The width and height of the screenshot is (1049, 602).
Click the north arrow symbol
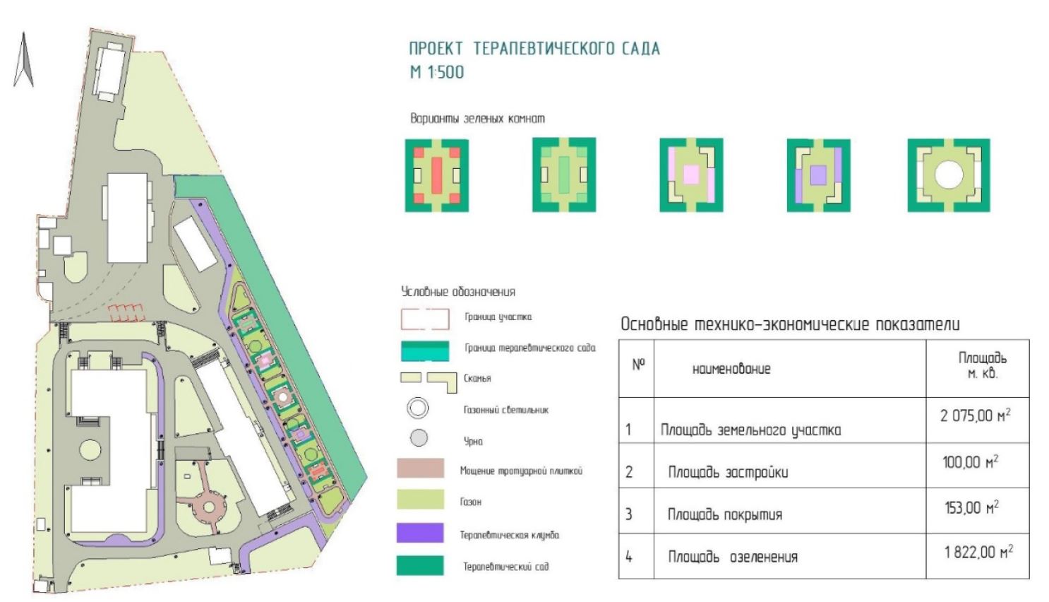click(x=23, y=60)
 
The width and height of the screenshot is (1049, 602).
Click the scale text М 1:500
click(x=437, y=72)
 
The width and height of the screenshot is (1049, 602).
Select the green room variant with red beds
click(x=437, y=176)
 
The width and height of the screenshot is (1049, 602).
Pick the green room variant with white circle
click(x=949, y=175)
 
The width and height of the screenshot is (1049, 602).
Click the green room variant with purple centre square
click(x=819, y=175)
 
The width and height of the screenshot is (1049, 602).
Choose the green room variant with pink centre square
click(x=691, y=175)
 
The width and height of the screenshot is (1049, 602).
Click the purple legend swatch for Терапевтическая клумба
click(x=420, y=533)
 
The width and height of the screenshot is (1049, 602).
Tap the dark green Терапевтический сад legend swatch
click(x=420, y=565)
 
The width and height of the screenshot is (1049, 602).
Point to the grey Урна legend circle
click(x=419, y=438)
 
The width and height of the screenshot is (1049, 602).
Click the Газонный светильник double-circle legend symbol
click(x=418, y=408)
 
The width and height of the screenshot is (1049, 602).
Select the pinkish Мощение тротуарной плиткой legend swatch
click(x=421, y=468)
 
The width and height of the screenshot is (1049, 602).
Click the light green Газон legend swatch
click(x=421, y=500)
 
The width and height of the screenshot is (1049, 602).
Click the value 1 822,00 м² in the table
click(x=978, y=552)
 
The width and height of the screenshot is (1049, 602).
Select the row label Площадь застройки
click(x=728, y=472)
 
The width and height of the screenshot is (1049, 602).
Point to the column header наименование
click(x=731, y=369)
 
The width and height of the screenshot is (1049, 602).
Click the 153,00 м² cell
click(x=972, y=507)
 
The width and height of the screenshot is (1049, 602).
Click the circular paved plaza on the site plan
click(x=208, y=507)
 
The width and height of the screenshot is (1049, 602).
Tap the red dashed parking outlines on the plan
click(x=126, y=313)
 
